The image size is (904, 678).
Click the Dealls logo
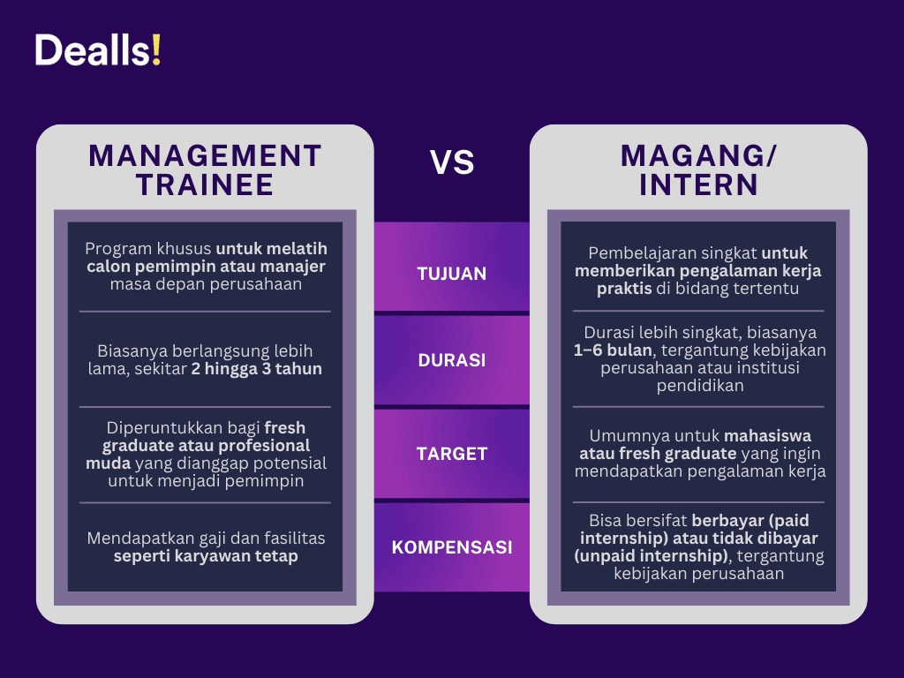[98, 50]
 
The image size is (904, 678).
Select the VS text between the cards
[452, 162]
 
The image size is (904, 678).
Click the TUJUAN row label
[452, 274]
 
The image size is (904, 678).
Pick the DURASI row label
[452, 360]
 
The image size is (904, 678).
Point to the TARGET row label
[452, 454]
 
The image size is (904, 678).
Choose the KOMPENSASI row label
[452, 547]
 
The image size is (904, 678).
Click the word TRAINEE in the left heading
[205, 185]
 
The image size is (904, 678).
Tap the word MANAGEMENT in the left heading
[205, 155]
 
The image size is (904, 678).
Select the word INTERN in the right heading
[698, 185]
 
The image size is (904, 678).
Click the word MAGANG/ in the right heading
[698, 155]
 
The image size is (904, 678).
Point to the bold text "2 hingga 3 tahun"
[256, 369]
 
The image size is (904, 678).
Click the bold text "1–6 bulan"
[610, 350]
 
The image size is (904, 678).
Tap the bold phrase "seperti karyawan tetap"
[205, 556]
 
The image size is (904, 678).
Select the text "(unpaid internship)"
[652, 556]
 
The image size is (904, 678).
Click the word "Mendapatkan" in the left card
[135, 538]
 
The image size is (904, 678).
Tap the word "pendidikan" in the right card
[698, 386]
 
